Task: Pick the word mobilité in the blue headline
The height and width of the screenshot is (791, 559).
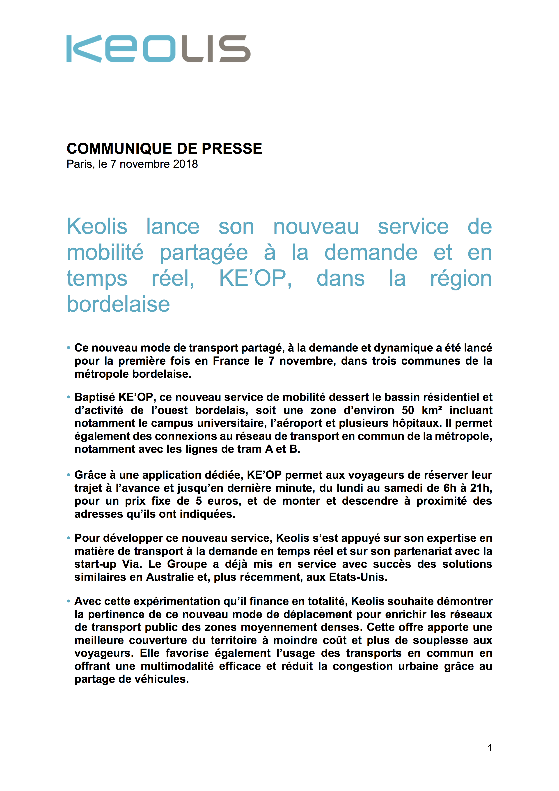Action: (105, 253)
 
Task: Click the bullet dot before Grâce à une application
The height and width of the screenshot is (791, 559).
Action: (69, 475)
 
